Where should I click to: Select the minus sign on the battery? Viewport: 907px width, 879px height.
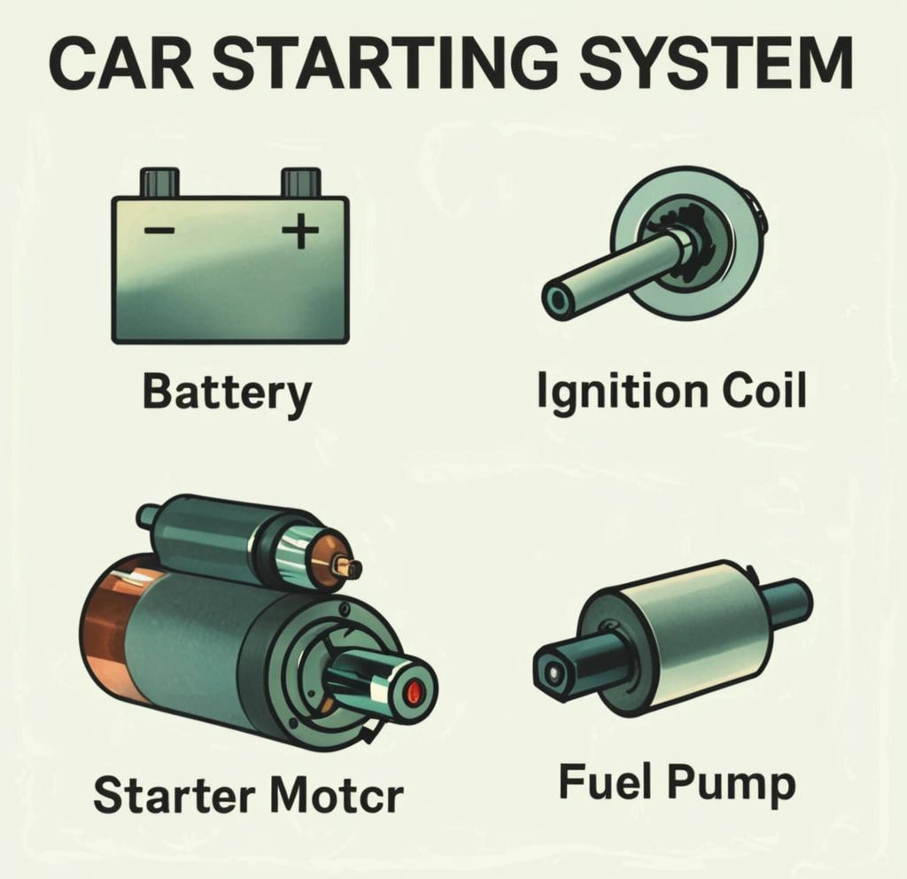(159, 231)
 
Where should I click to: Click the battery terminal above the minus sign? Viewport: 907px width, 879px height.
(159, 183)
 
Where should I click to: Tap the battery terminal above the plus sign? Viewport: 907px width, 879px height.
(301, 183)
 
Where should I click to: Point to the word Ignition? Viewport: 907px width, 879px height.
(622, 392)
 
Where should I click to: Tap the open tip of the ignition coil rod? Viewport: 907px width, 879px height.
(558, 300)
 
